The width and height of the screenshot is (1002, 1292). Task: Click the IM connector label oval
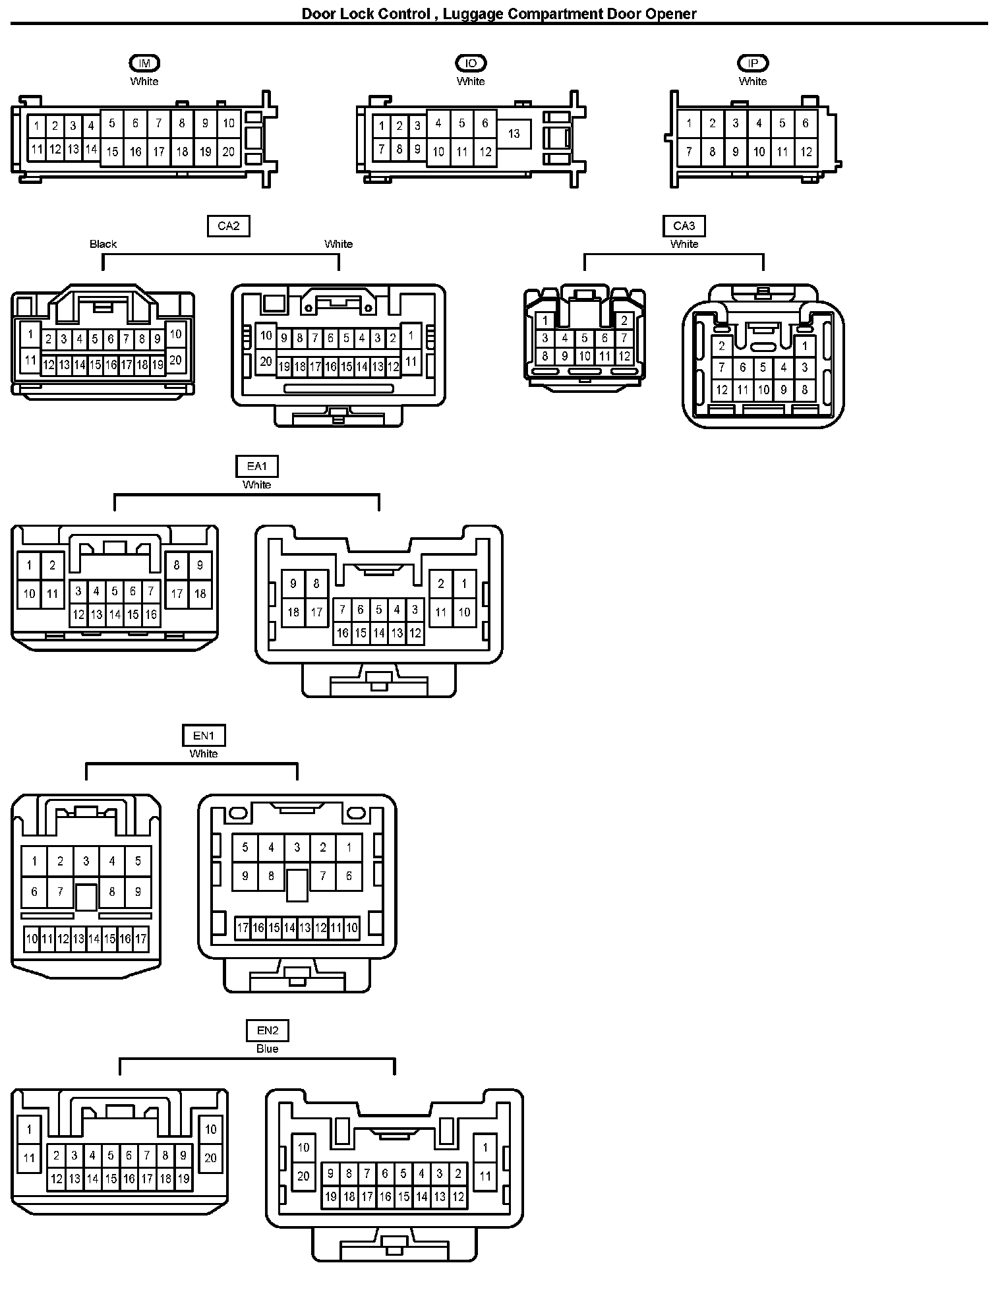click(144, 63)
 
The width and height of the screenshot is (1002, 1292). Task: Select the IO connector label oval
click(471, 63)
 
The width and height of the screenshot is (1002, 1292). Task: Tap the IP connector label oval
click(753, 63)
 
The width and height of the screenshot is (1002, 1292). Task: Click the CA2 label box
click(228, 226)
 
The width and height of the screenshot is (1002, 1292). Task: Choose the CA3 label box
click(684, 226)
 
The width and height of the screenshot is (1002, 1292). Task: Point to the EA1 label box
click(256, 467)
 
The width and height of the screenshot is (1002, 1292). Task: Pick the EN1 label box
click(204, 736)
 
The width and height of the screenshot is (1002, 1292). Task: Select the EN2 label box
click(268, 1030)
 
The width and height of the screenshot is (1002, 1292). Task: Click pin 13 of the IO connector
click(514, 134)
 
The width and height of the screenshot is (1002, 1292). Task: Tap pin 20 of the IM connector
click(228, 152)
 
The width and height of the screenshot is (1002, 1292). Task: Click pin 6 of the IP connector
click(805, 123)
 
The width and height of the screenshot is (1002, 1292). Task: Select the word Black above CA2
click(103, 244)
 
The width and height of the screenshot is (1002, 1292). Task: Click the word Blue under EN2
click(267, 1049)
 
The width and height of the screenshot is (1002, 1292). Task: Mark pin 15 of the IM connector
click(112, 152)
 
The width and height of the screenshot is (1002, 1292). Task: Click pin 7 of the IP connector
click(689, 152)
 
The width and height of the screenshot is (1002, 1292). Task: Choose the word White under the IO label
click(471, 81)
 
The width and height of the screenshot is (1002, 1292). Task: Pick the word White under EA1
click(256, 484)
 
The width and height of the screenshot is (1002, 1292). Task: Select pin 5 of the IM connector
click(112, 123)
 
